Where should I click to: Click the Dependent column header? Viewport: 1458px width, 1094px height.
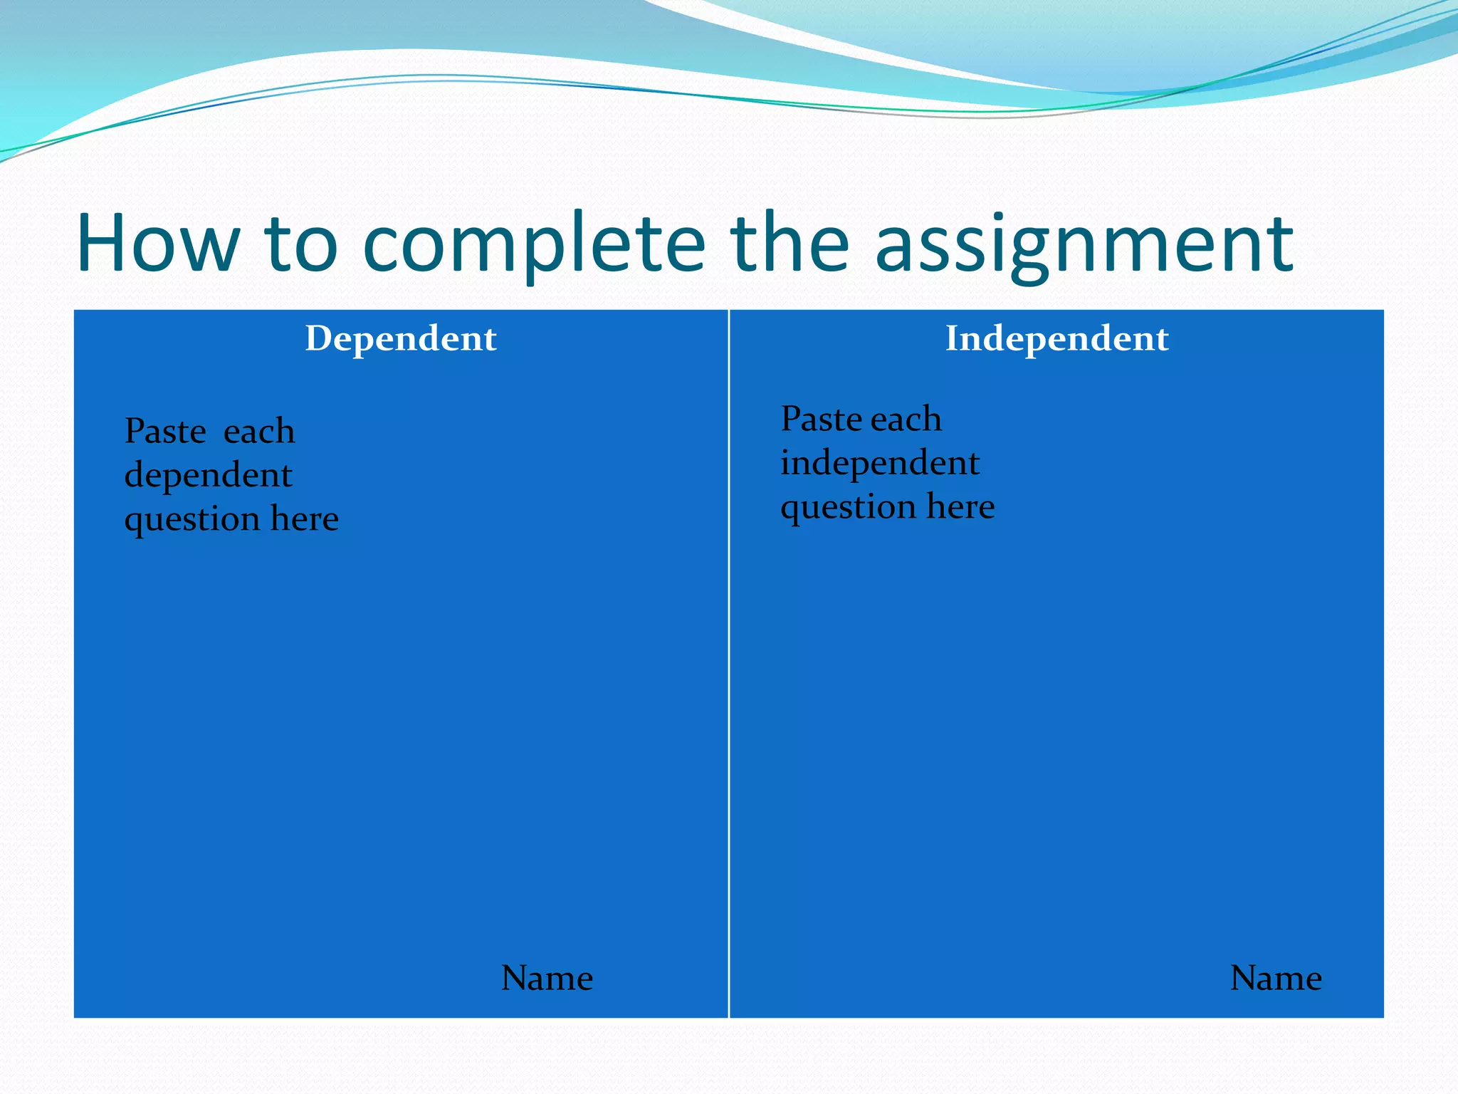pos(401,338)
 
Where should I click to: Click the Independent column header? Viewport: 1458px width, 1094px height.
pos(1056,338)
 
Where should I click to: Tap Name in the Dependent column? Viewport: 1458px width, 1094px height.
pos(547,978)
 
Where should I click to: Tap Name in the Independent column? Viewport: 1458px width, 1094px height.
pos(1276,978)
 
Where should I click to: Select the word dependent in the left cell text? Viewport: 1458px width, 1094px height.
pos(208,475)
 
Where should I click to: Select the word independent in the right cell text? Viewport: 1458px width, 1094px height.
pos(880,463)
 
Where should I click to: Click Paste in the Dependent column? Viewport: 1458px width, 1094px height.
pos(165,431)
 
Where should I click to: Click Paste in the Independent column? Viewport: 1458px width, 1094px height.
pos(822,419)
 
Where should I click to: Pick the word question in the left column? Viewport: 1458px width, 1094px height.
pos(192,519)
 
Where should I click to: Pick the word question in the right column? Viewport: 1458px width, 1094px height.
pos(848,507)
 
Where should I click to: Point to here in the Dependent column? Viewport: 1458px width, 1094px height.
pos(305,519)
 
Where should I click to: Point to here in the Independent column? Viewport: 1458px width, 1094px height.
pos(960,506)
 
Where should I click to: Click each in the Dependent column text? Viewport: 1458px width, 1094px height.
pos(259,432)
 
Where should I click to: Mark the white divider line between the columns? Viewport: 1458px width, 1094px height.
pos(729,662)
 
